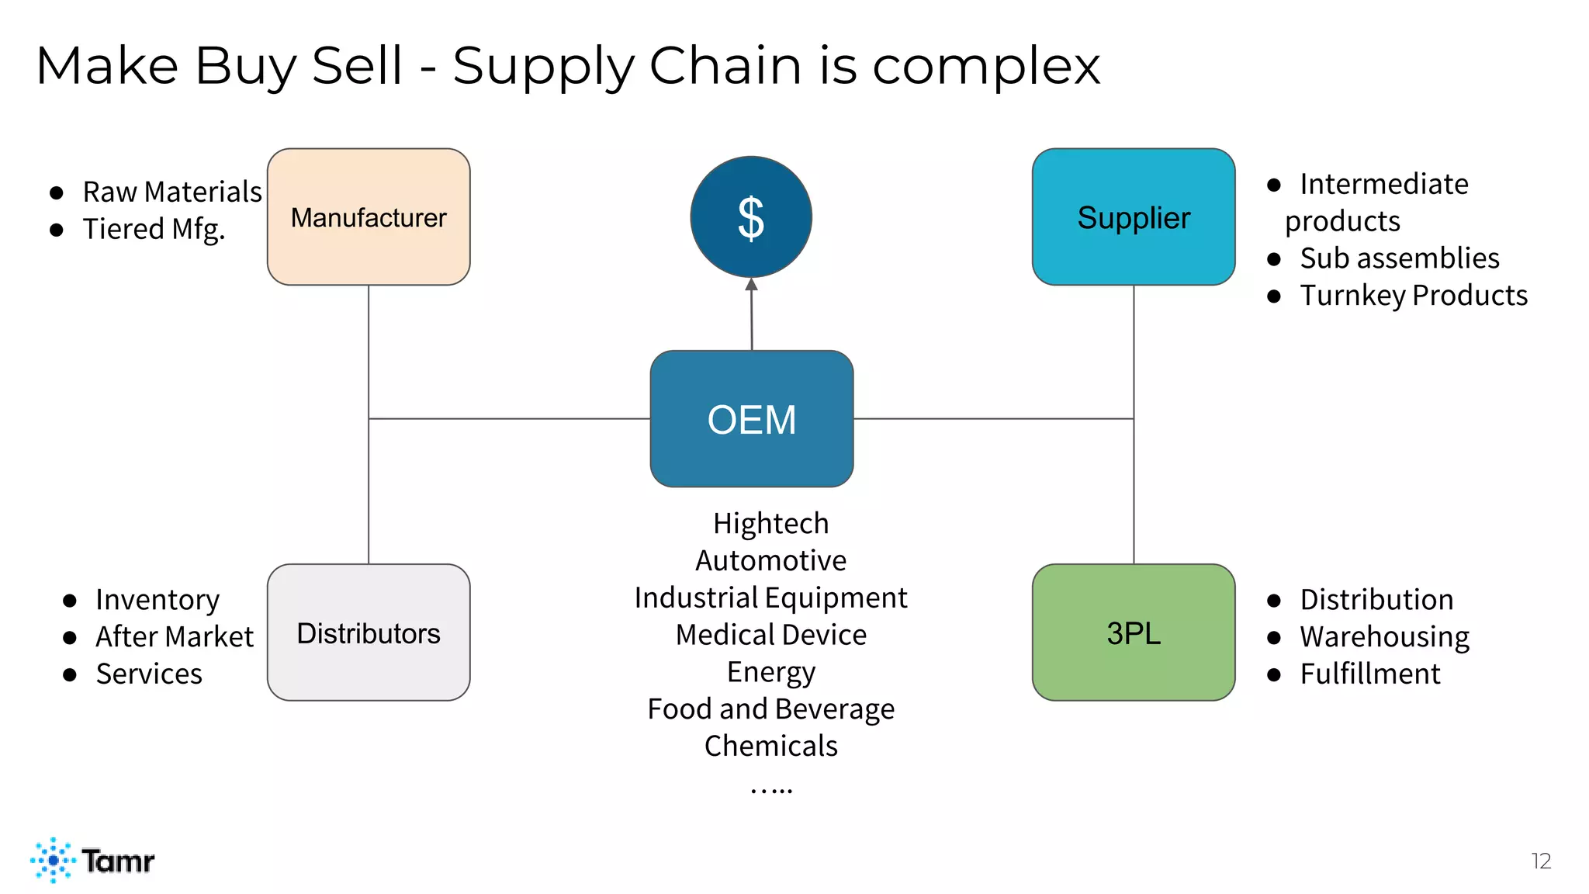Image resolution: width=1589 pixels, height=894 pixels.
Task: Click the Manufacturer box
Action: pyautogui.click(x=369, y=217)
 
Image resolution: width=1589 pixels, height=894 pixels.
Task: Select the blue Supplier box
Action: pyautogui.click(x=1133, y=217)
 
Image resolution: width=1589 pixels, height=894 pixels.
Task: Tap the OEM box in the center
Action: pyautogui.click(x=751, y=419)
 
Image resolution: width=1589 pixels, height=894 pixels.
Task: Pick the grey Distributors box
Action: pyautogui.click(x=369, y=632)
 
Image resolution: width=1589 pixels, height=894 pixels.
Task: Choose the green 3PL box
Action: pyautogui.click(x=1133, y=632)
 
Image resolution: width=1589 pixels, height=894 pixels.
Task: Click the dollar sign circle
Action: pyautogui.click(x=751, y=217)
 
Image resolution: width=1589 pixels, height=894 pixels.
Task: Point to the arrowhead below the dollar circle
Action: pyautogui.click(x=751, y=285)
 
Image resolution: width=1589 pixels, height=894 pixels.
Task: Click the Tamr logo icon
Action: pyautogui.click(x=53, y=860)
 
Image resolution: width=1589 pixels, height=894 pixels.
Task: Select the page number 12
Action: pyautogui.click(x=1541, y=861)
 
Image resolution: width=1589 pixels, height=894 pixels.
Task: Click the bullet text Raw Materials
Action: pyautogui.click(x=172, y=192)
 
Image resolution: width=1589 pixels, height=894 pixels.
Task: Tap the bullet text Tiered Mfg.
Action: pyautogui.click(x=154, y=229)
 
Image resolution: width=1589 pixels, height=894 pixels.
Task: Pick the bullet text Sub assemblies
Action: pyautogui.click(x=1400, y=258)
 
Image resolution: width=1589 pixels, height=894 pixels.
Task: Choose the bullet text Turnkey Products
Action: pyautogui.click(x=1414, y=295)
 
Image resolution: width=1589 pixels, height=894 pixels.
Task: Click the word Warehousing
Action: pyautogui.click(x=1385, y=636)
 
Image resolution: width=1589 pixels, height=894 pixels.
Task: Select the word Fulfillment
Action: pyautogui.click(x=1370, y=674)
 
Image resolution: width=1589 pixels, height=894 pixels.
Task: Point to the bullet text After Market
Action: pyautogui.click(x=175, y=636)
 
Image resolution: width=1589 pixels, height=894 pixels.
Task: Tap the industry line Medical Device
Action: pyautogui.click(x=771, y=635)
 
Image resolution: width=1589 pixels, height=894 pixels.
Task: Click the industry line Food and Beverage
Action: pyautogui.click(x=771, y=709)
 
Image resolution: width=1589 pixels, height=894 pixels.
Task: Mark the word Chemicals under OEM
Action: pyautogui.click(x=771, y=746)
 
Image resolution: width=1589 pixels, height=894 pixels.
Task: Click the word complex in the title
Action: pyautogui.click(x=986, y=66)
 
